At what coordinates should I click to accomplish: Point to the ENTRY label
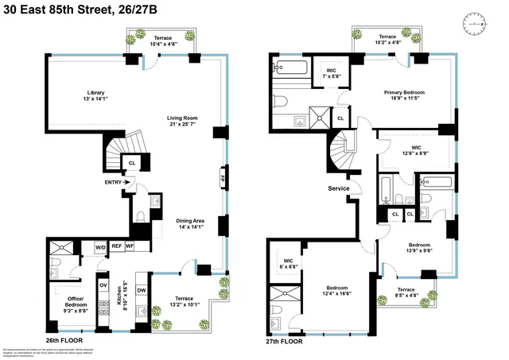[115, 183]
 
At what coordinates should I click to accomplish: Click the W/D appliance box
[100, 247]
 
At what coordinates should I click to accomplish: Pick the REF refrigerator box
[116, 247]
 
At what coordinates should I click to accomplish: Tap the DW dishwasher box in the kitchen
[141, 291]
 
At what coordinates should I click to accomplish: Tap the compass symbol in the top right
[479, 25]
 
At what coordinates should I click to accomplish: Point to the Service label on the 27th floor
[340, 188]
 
